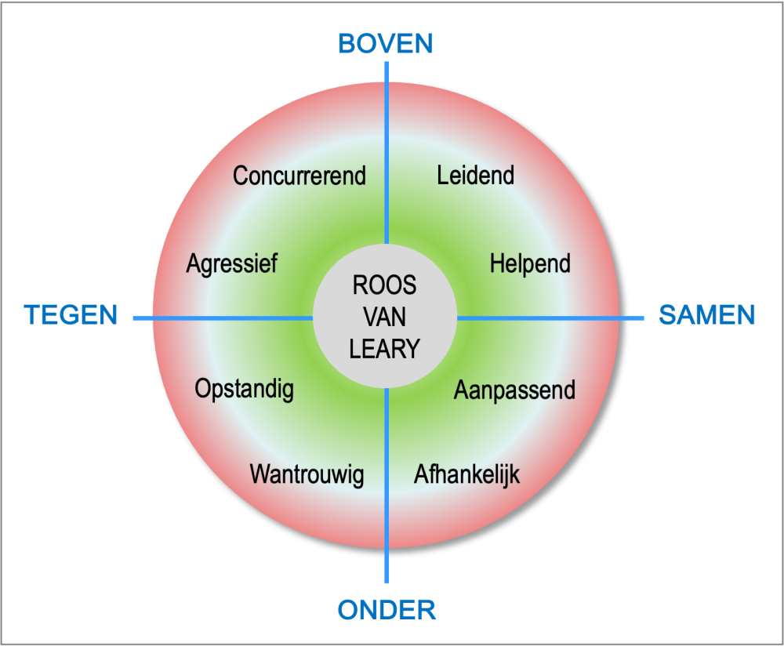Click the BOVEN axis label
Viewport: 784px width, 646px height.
pos(386,43)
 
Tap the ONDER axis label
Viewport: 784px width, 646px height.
pos(387,609)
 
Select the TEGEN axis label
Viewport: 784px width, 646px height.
pos(71,315)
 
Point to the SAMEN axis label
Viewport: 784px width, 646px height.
pos(706,314)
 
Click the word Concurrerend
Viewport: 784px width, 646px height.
pos(299,176)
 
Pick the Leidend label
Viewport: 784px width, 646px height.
pos(476,174)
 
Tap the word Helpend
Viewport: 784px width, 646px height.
pos(530,263)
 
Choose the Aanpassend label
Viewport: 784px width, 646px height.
pos(514,390)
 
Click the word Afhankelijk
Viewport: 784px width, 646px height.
pos(466,474)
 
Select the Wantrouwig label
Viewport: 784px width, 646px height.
pos(307,474)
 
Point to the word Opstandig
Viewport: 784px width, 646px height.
pos(245,389)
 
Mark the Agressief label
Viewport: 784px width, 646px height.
pos(232,263)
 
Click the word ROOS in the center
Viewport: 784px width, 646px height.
pos(385,285)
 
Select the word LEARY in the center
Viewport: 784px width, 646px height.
pos(385,348)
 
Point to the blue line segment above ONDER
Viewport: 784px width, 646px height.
pos(387,486)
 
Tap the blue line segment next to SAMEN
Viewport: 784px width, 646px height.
pos(549,318)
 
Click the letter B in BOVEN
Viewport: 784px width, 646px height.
pos(347,43)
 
